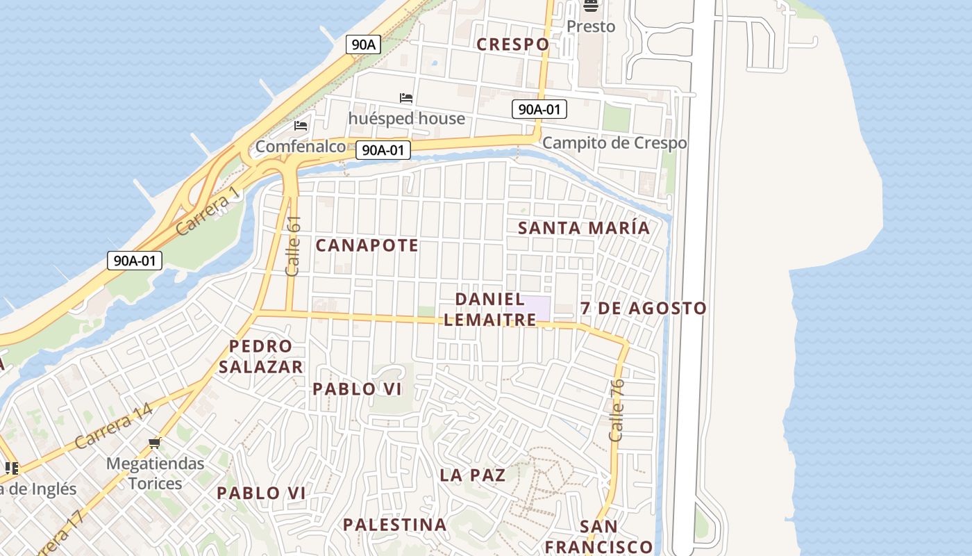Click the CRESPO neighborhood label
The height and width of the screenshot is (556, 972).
513,44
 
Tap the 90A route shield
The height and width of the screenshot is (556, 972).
363,45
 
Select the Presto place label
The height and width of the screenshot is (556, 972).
591,26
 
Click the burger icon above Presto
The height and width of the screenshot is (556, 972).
591,6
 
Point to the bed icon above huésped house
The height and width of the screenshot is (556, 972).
406,98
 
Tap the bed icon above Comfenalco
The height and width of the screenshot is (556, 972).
301,126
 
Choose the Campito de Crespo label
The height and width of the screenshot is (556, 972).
614,143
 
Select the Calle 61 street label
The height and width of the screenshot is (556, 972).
293,246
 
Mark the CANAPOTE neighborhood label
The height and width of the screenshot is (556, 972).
367,245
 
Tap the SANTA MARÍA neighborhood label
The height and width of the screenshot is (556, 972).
584,228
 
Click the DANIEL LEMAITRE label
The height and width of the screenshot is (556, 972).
490,309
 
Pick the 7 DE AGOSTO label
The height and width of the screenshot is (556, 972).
644,308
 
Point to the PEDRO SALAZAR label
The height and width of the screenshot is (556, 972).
261,357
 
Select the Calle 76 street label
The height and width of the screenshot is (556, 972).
617,410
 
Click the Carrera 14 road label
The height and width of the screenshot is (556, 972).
113,425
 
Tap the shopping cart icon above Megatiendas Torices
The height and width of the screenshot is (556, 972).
155,443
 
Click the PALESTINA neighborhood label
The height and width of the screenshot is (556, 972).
395,525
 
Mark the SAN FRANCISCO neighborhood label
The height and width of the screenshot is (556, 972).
598,537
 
